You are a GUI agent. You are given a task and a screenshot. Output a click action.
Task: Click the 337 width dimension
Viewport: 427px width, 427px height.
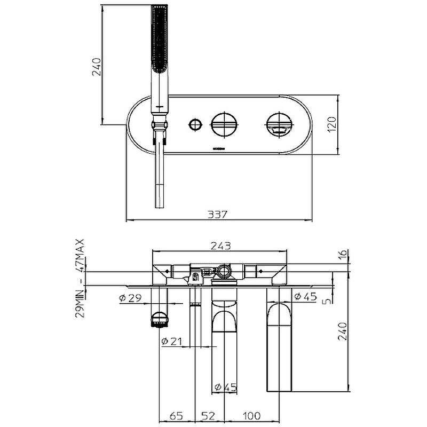pos(218,214)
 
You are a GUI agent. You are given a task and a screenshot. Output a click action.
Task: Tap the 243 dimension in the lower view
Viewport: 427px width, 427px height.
pos(220,246)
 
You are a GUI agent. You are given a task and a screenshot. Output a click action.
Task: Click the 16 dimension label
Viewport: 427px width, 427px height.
pos(343,255)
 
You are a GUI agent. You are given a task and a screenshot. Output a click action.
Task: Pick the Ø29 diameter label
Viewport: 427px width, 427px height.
pos(129,297)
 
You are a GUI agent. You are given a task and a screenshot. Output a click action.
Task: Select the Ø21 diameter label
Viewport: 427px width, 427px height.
pos(172,341)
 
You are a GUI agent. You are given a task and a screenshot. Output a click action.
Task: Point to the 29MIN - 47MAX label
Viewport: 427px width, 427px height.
pos(81,278)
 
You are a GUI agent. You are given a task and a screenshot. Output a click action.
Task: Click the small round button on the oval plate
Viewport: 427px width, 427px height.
pos(195,125)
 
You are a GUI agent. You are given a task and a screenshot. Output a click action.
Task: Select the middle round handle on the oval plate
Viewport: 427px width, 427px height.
pos(221,125)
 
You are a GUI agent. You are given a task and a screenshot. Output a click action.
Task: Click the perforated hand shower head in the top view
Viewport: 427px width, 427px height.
pos(160,37)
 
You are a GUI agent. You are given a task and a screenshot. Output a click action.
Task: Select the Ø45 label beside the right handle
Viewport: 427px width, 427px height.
pos(304,297)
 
